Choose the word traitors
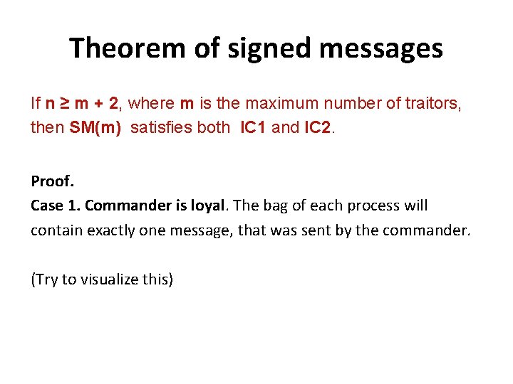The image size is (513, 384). click(x=435, y=104)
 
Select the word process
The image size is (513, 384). click(x=375, y=206)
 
